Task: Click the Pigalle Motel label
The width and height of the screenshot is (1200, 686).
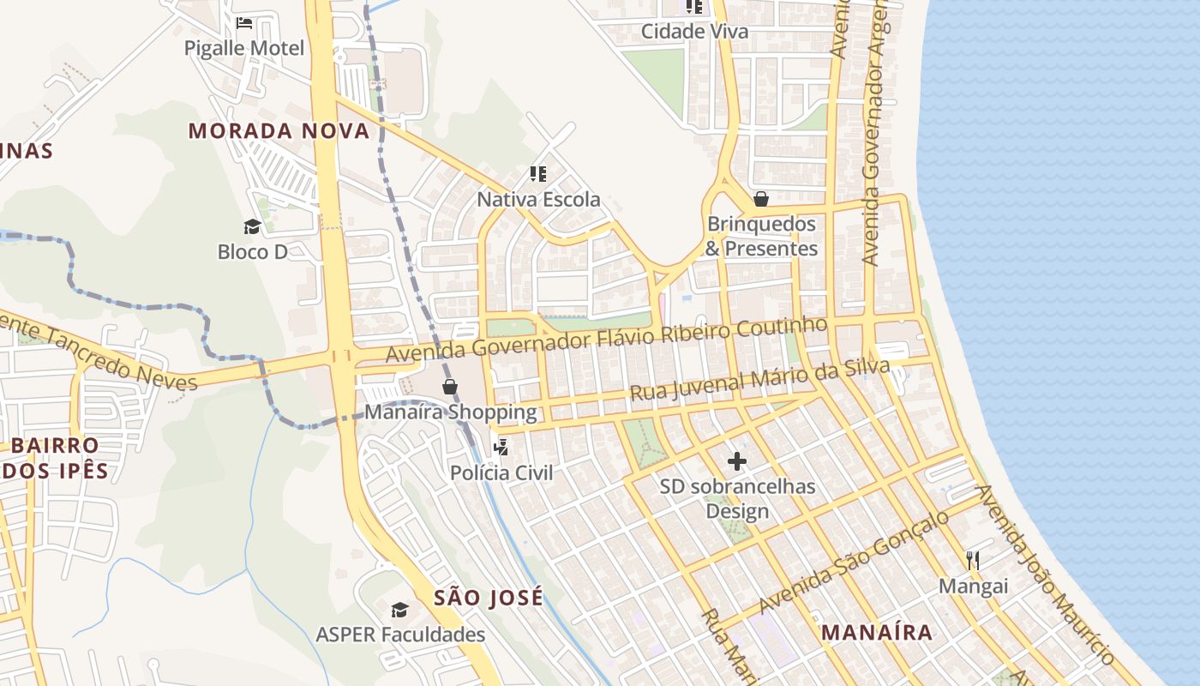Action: click(x=244, y=48)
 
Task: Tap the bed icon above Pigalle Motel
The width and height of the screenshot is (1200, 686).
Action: click(x=244, y=22)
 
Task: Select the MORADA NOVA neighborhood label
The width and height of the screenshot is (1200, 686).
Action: click(x=279, y=131)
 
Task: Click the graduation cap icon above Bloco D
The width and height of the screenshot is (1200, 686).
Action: click(x=252, y=226)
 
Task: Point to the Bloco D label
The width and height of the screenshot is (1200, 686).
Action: click(x=252, y=252)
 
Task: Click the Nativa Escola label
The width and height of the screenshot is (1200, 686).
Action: click(x=538, y=200)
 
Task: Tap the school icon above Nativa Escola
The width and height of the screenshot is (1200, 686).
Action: click(x=538, y=175)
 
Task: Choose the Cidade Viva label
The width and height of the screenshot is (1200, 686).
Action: click(x=694, y=32)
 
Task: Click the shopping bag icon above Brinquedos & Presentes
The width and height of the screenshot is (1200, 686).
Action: click(x=760, y=200)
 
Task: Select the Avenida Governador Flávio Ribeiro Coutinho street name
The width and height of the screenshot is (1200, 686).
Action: click(x=607, y=340)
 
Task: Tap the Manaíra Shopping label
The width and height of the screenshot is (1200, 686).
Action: click(x=450, y=412)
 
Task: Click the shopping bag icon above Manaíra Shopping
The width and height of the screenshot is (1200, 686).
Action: click(x=450, y=387)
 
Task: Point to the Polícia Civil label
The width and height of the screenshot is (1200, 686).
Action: click(x=501, y=472)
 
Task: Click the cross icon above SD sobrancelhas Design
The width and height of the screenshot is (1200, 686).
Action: click(x=736, y=462)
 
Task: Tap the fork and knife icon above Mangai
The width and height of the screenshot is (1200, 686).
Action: click(x=973, y=561)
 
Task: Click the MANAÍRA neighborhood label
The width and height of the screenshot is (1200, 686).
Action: click(x=876, y=633)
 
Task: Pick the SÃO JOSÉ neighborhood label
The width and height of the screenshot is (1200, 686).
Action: click(x=488, y=598)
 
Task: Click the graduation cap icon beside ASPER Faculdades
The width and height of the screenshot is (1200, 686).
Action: click(x=399, y=610)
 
